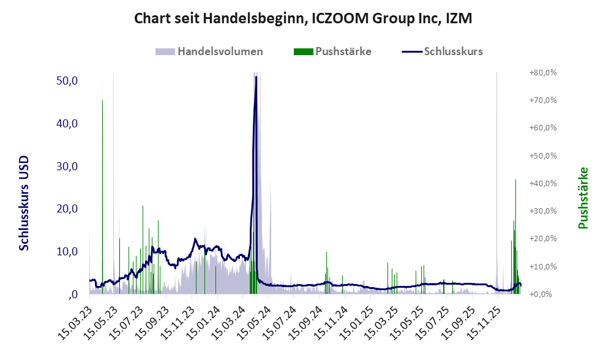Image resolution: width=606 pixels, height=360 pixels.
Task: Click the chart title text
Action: pyautogui.click(x=303, y=19)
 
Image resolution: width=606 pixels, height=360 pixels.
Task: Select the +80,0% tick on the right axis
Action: pyautogui.click(x=542, y=72)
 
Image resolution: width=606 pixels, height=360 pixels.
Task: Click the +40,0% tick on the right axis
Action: pyautogui.click(x=542, y=183)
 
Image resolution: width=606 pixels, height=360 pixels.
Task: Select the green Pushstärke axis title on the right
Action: pyautogui.click(x=583, y=198)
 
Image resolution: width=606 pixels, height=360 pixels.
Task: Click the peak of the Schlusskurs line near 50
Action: pyautogui.click(x=256, y=77)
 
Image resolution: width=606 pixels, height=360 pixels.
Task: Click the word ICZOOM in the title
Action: pyautogui.click(x=337, y=19)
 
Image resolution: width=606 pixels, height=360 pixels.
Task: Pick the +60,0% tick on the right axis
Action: pyautogui.click(x=542, y=128)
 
